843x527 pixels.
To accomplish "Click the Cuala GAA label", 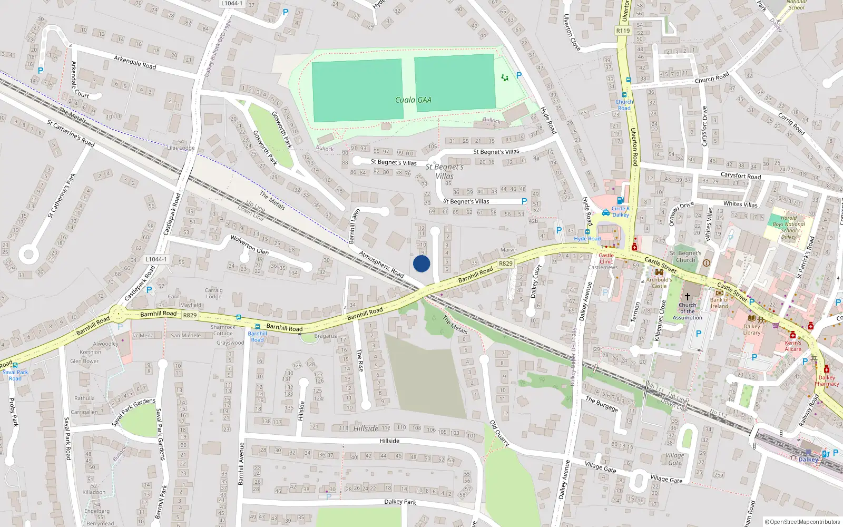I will [413, 100].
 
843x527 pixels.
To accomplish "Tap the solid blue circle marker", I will [421, 263].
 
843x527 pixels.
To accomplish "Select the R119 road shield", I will [623, 31].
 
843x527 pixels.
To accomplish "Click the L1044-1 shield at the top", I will [232, 3].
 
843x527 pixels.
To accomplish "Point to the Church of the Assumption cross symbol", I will [687, 297].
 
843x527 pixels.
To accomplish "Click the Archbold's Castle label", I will [659, 283].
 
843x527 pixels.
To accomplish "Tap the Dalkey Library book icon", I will [751, 318].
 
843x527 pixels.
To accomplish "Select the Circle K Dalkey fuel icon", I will [620, 200].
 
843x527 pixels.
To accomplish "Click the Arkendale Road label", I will [135, 63].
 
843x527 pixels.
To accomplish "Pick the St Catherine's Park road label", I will [62, 195].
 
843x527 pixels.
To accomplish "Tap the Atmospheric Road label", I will [381, 263].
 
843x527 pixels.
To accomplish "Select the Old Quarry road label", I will [499, 433].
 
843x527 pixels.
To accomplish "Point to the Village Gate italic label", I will [674, 458].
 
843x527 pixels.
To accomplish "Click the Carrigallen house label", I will [84, 412].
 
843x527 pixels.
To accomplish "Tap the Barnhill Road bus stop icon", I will [257, 327].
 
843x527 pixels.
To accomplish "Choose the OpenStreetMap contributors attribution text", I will [803, 522].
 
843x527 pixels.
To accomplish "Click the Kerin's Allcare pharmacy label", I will [792, 346].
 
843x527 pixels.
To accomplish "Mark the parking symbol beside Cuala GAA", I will [519, 75].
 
